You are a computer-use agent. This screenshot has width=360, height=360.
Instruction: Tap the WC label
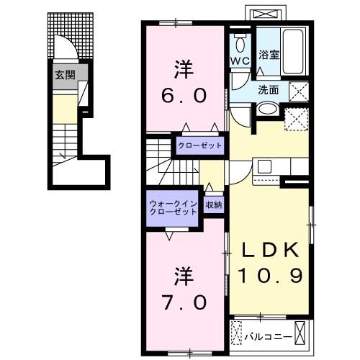pos(240,62)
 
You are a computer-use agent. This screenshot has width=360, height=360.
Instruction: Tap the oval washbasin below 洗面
pos(266,109)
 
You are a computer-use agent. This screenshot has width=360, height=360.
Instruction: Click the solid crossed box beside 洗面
pos(299,91)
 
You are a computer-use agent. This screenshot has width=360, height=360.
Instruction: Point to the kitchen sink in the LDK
pos(264,167)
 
